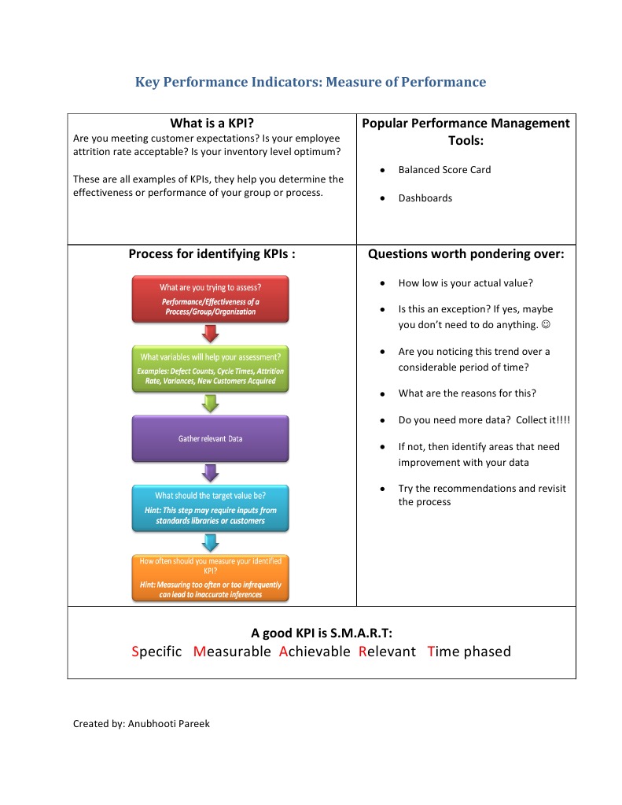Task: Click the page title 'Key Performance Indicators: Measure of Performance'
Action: pyautogui.click(x=311, y=82)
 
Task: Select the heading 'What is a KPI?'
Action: pyautogui.click(x=212, y=124)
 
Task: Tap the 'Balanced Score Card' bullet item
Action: pyautogui.click(x=444, y=169)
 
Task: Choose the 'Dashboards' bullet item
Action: pyautogui.click(x=425, y=198)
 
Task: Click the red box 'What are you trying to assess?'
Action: pyautogui.click(x=210, y=298)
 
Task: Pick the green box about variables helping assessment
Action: pyautogui.click(x=210, y=368)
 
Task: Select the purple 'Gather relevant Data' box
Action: pyautogui.click(x=210, y=438)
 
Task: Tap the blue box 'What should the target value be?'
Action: pyautogui.click(x=210, y=508)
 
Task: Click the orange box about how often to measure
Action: pyautogui.click(x=210, y=577)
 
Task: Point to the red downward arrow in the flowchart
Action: pyautogui.click(x=210, y=334)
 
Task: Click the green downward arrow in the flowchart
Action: pyautogui.click(x=210, y=403)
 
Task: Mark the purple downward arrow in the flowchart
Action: pyautogui.click(x=210, y=473)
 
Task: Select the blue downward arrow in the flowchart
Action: pyautogui.click(x=210, y=542)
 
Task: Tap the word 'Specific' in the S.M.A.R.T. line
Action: pyautogui.click(x=156, y=651)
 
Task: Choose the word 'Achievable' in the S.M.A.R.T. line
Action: pyautogui.click(x=315, y=651)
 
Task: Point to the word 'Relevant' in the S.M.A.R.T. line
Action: pyautogui.click(x=387, y=651)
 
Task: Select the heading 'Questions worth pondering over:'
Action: pyautogui.click(x=466, y=254)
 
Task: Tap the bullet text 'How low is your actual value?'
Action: pyautogui.click(x=466, y=282)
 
